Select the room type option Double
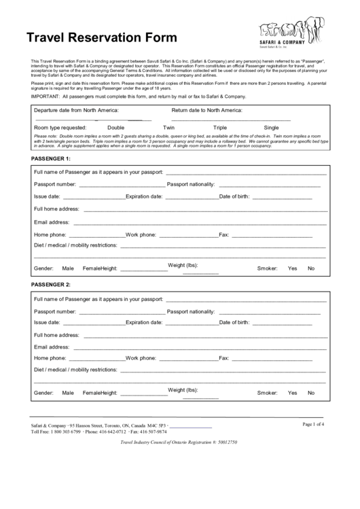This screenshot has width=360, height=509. pyautogui.click(x=115, y=127)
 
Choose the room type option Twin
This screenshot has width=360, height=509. pyautogui.click(x=169, y=127)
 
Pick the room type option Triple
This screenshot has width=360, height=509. pyautogui.click(x=220, y=127)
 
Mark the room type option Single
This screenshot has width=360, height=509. pyautogui.click(x=271, y=127)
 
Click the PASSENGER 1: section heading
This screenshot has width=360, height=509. pyautogui.click(x=51, y=158)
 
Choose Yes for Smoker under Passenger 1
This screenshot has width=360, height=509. pyautogui.click(x=293, y=268)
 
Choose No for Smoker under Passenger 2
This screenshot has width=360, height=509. pyautogui.click(x=311, y=393)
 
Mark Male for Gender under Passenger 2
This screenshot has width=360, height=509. pyautogui.click(x=68, y=393)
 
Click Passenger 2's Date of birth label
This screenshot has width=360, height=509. pyautogui.click(x=234, y=322)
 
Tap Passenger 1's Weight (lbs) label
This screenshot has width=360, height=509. pyautogui.click(x=183, y=264)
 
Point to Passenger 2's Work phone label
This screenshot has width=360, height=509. pyautogui.click(x=141, y=358)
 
